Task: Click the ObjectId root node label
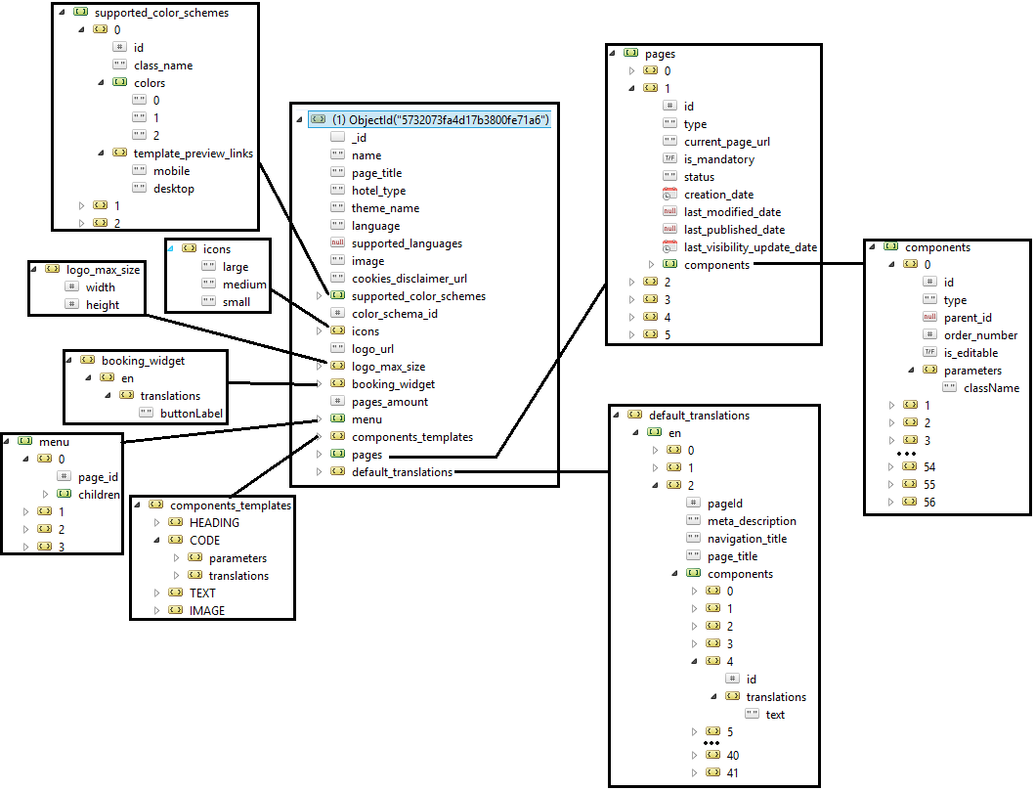pos(441,119)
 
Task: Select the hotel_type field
pos(378,191)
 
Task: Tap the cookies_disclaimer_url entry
pos(409,279)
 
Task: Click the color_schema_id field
pos(395,314)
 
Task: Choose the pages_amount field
pos(389,402)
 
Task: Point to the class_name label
pos(163,66)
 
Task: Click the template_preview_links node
pos(193,154)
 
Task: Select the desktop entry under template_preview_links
pos(173,189)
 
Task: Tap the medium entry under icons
pos(244,285)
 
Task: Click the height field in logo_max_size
pos(103,305)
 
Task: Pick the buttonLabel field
pos(192,414)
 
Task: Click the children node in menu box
pos(99,495)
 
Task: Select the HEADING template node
pos(214,523)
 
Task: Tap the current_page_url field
pos(726,142)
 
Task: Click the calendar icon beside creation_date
pos(669,195)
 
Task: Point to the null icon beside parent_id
pos(929,318)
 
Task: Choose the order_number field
pos(980,335)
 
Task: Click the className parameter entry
pos(991,388)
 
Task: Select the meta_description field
pos(752,521)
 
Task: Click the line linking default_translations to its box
pos(533,472)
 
